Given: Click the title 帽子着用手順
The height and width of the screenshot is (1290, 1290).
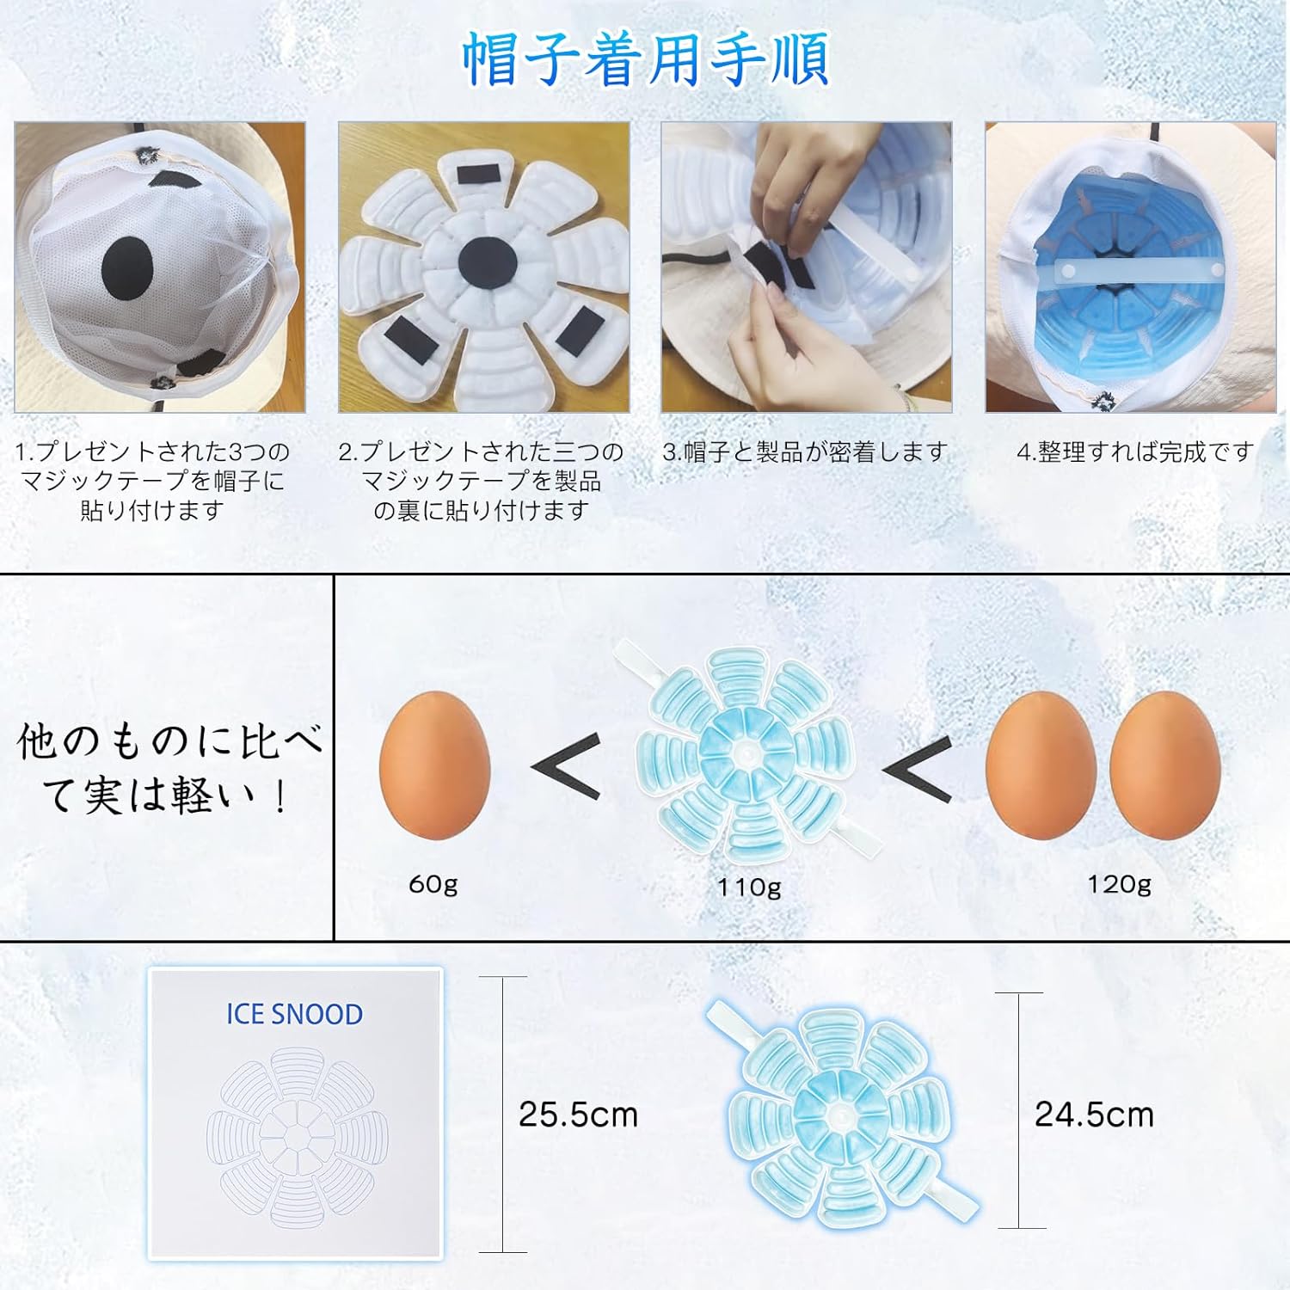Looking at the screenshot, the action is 645,58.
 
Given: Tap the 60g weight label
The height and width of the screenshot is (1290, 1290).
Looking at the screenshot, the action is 433,884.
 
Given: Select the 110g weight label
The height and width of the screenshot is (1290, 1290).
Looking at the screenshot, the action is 750,887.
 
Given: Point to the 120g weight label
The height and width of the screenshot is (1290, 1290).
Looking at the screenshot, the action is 1119,884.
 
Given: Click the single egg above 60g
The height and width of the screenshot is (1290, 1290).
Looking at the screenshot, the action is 435,764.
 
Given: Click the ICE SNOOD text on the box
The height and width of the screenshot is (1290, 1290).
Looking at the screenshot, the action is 295,1014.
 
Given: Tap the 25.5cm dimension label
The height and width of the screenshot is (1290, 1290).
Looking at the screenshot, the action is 578,1115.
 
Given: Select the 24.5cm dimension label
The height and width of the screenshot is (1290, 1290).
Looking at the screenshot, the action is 1094,1115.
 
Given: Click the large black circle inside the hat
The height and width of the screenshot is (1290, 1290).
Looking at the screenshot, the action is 127,268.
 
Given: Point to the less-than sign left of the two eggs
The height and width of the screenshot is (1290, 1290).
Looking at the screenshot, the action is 918,768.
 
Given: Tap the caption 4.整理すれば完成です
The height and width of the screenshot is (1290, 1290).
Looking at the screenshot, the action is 1134,451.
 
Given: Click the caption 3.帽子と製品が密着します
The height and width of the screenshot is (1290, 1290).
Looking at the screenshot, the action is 806,451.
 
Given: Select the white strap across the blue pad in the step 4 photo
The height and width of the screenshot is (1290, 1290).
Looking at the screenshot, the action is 1131,273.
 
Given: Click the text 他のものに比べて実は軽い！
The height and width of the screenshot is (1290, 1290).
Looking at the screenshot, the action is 169,768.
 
